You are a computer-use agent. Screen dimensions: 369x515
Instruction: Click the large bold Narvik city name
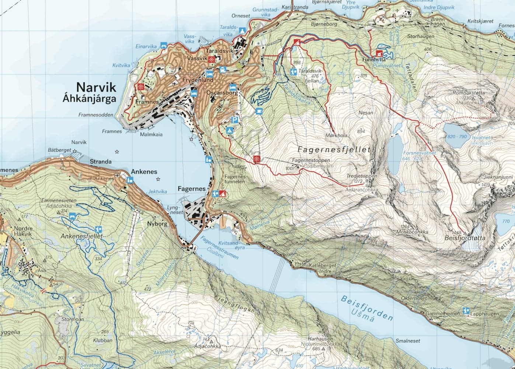coord(96,87)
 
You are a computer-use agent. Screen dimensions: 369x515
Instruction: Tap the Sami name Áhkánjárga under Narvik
coord(89,99)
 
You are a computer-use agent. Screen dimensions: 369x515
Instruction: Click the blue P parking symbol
coord(234,120)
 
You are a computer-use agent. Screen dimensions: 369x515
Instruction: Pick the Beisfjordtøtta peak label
coord(465,238)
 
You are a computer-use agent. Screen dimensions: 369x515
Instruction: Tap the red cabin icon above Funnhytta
coord(379,53)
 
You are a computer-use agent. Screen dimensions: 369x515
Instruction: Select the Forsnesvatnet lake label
coord(420,153)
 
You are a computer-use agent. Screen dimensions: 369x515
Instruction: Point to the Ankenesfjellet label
coord(81,236)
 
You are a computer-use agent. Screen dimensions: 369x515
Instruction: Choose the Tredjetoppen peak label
coord(362,176)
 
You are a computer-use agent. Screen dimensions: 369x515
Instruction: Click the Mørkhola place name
coord(336,135)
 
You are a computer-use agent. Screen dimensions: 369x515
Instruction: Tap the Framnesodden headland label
coord(96,115)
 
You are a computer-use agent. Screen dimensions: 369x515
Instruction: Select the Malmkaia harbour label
coord(151,135)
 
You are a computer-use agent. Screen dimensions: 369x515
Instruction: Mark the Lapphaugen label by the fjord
coord(485,314)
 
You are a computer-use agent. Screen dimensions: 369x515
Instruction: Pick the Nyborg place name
coord(157,224)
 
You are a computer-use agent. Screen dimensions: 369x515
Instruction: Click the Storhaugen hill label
coord(421,37)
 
